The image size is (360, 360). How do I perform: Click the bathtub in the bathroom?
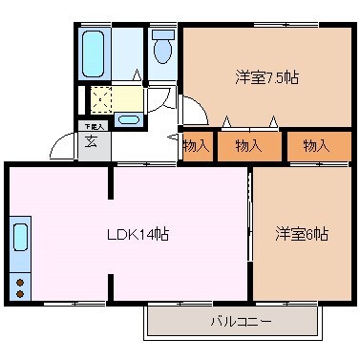[95, 48]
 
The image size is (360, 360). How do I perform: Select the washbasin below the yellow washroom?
[127, 118]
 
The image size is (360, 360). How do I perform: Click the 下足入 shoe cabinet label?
[91, 125]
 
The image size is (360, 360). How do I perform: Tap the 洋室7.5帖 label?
[265, 77]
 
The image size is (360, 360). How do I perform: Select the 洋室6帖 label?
[302, 233]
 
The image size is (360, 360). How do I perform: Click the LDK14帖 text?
[138, 234]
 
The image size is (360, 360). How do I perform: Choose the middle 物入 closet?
[248, 145]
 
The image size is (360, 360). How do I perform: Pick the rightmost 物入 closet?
[316, 145]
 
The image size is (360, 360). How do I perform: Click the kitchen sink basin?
[21, 235]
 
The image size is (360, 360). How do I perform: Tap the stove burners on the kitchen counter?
[20, 277]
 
